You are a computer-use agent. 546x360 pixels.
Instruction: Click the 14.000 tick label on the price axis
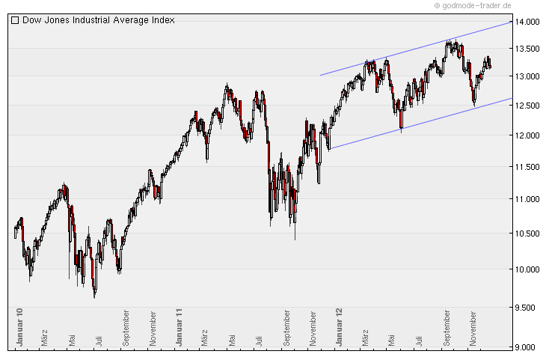pos(528,22)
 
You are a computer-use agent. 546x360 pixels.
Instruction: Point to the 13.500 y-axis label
pos(528,49)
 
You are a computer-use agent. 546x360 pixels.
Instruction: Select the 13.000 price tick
pos(528,76)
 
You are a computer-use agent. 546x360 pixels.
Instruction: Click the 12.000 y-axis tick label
pos(528,135)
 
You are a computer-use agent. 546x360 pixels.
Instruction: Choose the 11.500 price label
pos(528,167)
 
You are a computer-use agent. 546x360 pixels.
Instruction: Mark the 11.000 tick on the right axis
pos(528,199)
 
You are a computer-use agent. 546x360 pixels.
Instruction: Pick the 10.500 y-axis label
pos(528,234)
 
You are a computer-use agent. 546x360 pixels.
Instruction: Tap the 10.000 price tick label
pos(528,269)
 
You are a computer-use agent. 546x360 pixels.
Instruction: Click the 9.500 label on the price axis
pos(528,308)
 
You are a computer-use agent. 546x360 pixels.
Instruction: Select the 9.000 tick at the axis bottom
pos(528,347)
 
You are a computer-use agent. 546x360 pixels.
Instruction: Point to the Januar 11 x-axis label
pos(179,326)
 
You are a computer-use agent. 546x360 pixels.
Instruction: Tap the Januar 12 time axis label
pos(340,326)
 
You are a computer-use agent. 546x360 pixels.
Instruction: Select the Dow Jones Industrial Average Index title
pos(98,20)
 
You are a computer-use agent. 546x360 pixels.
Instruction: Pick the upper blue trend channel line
pos(419,48)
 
